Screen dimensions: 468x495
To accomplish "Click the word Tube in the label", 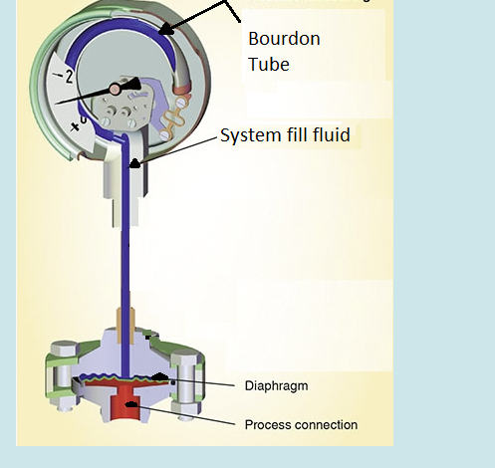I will [268, 66].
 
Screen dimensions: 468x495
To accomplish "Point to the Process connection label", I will [301, 425].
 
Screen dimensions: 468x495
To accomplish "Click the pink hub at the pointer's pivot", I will [115, 90].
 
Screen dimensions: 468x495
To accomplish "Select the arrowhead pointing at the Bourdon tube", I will [166, 30].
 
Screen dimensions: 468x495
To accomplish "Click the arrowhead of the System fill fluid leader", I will [134, 162].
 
